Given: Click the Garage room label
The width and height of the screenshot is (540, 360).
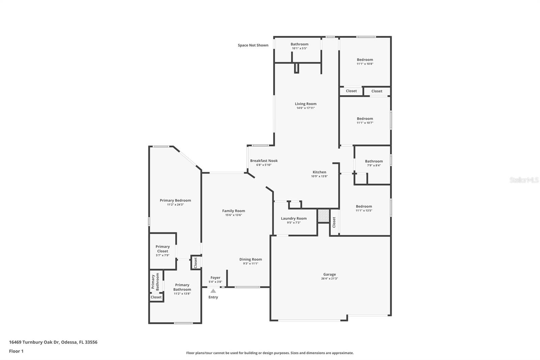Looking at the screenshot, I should pyautogui.click(x=329, y=275).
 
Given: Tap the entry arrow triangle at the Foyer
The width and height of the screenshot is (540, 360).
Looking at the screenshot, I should pyautogui.click(x=213, y=291).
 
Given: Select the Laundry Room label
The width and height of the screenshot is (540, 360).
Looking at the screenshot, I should pyautogui.click(x=294, y=218).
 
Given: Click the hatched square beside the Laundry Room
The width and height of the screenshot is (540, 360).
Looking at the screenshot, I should pyautogui.click(x=323, y=216).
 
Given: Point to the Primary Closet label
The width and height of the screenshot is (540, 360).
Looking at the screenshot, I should pyautogui.click(x=162, y=249).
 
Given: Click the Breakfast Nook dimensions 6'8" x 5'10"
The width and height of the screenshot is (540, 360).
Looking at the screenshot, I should pyautogui.click(x=264, y=165).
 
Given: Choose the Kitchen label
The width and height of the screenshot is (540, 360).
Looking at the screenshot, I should pyautogui.click(x=319, y=172).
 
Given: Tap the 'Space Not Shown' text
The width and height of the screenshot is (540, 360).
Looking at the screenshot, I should pyautogui.click(x=253, y=45).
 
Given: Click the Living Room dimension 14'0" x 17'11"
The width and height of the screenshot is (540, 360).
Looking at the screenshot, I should pyautogui.click(x=305, y=108).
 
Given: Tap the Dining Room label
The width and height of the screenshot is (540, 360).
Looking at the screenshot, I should pyautogui.click(x=250, y=259).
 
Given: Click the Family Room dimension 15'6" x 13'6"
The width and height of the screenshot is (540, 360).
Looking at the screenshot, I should pyautogui.click(x=234, y=215).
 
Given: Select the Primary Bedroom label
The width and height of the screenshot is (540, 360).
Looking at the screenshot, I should pyautogui.click(x=175, y=201).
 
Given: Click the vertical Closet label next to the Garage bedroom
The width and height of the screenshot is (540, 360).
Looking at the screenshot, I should pyautogui.click(x=334, y=222).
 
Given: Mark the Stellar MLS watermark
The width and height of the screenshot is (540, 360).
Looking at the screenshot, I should pyautogui.click(x=524, y=180).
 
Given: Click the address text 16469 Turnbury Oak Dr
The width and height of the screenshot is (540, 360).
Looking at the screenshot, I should pyautogui.click(x=53, y=342).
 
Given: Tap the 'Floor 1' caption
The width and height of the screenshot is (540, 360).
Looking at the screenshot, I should pyautogui.click(x=16, y=351).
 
